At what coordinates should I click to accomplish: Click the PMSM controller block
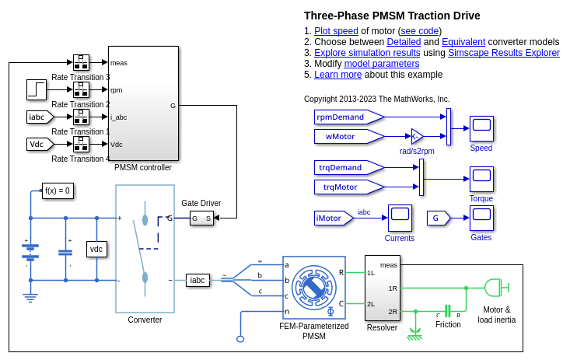[143, 103]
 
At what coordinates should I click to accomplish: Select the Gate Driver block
[201, 218]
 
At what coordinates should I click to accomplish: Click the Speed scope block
[481, 128]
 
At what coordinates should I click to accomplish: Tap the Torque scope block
[481, 180]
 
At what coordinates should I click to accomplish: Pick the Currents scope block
[400, 218]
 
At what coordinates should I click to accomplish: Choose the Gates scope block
[481, 218]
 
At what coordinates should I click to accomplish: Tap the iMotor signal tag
[332, 218]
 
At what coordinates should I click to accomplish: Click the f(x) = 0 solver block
[58, 190]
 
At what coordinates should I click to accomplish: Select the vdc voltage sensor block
[96, 249]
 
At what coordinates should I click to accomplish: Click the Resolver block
[383, 288]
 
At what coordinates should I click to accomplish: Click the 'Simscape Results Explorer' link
[514, 53]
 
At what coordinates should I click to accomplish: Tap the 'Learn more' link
[337, 75]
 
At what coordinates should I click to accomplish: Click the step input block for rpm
[37, 90]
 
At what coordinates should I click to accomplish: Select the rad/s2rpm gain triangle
[416, 136]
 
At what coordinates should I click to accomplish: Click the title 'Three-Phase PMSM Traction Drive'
[392, 16]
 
